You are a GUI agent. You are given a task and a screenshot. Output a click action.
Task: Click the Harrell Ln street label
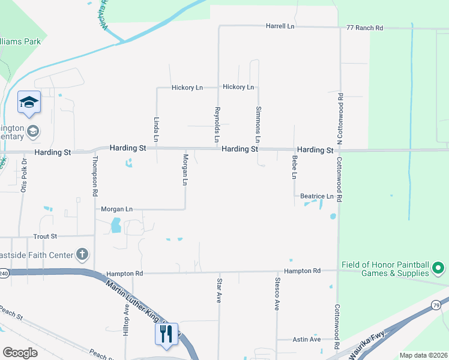click(281, 26)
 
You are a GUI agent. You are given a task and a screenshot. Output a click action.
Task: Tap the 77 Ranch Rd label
click(364, 28)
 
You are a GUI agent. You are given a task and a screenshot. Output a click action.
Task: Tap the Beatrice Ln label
click(316, 196)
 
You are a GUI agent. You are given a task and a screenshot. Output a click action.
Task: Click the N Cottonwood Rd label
click(340, 118)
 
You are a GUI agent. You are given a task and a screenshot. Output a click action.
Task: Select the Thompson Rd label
click(95, 176)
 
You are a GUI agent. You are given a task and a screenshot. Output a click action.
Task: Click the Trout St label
click(45, 236)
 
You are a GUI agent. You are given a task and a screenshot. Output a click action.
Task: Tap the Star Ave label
click(219, 290)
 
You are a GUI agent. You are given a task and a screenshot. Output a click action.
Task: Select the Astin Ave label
click(306, 340)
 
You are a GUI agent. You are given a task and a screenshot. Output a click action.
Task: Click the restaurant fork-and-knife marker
click(166, 333)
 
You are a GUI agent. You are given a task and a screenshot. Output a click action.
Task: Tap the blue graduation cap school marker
click(28, 103)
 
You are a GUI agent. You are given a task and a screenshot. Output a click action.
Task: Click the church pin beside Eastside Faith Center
click(82, 255)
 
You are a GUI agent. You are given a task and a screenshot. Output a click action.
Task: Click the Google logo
click(20, 353)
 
